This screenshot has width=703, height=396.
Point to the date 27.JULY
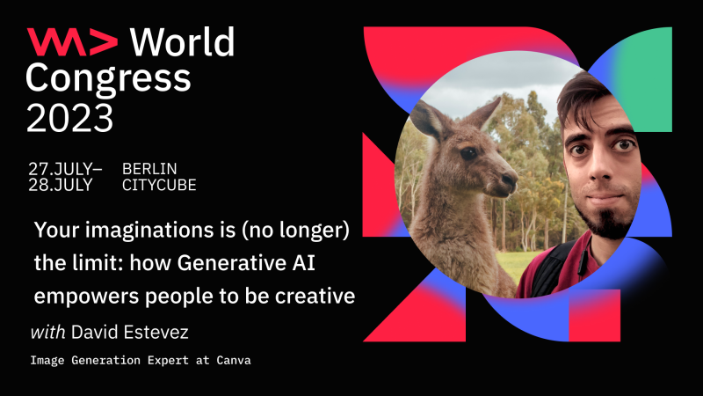pos(63,168)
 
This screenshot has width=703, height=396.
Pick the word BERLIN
pos(149,168)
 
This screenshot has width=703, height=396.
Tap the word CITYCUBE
pos(159,185)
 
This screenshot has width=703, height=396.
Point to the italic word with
pos(47,333)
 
